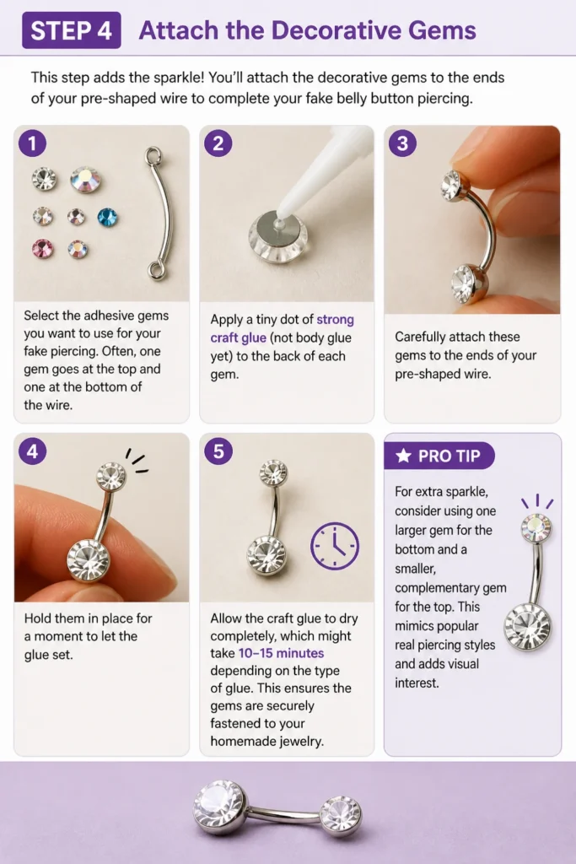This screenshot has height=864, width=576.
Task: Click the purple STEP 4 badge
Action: click(72, 30)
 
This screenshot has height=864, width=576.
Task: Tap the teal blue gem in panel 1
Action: click(107, 217)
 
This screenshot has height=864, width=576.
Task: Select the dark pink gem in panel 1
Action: click(43, 249)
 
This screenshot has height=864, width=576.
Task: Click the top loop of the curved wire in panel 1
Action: click(153, 155)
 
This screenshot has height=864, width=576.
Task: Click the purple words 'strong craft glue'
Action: click(282, 328)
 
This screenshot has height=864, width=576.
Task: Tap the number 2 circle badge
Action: click(218, 143)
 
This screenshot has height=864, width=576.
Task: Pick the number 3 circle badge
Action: click(402, 143)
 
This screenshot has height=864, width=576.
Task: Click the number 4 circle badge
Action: click(33, 451)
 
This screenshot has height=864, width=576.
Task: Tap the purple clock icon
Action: click(335, 546)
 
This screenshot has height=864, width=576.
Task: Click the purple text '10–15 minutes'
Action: click(281, 653)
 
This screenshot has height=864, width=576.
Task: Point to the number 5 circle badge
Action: click(218, 451)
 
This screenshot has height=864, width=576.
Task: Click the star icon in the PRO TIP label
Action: click(404, 456)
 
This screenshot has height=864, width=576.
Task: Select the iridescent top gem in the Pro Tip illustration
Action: click(536, 527)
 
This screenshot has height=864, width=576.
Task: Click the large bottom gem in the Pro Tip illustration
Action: click(528, 627)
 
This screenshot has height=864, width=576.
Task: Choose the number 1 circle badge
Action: click(33, 143)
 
